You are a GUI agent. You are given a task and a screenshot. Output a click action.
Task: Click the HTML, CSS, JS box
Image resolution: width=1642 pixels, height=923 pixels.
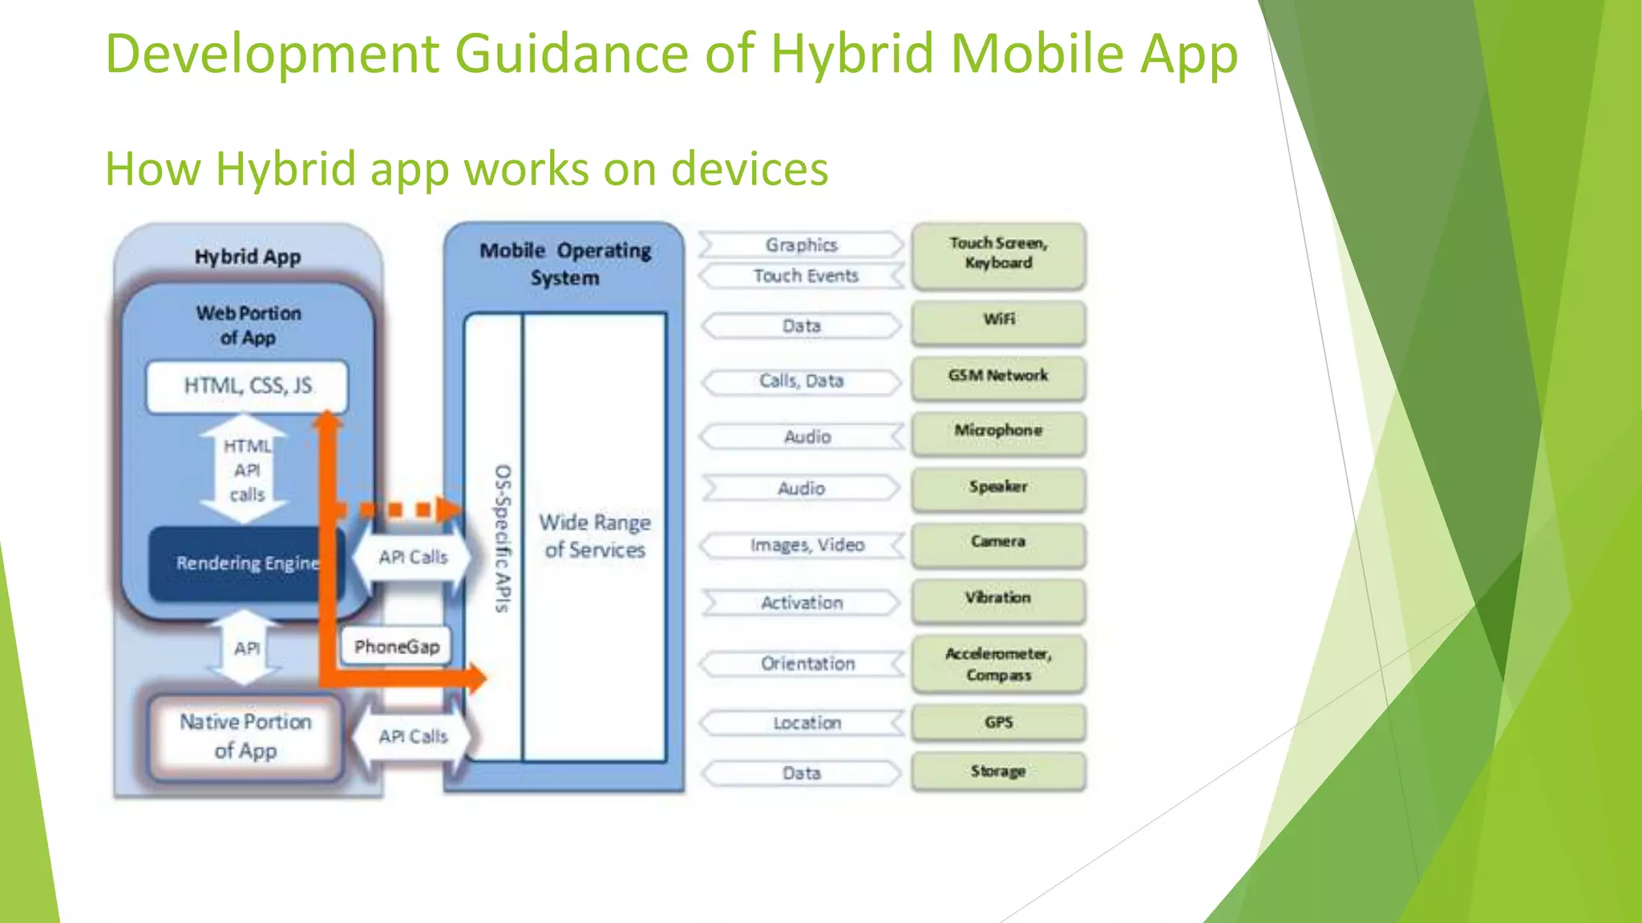[x=247, y=386]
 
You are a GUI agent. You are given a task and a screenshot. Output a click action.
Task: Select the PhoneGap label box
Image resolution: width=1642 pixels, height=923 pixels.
[x=396, y=646]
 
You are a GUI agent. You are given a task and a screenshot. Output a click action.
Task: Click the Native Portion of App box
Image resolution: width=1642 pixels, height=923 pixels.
[x=245, y=736]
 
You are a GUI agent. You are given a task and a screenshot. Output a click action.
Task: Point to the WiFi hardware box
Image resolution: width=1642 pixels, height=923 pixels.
[x=998, y=321]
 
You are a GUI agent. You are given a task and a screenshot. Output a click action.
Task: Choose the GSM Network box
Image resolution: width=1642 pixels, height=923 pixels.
[x=998, y=377]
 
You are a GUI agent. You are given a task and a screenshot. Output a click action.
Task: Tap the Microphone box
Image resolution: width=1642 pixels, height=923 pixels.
[x=998, y=432]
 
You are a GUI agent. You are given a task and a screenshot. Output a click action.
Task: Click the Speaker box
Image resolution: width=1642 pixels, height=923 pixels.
[x=998, y=488]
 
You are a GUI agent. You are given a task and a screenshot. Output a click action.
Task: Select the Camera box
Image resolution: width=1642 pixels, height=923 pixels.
[x=998, y=544]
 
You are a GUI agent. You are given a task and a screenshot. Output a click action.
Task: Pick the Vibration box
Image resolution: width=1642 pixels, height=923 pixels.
[x=998, y=599]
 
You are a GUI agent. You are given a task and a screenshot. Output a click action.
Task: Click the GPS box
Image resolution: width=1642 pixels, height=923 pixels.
[x=998, y=723]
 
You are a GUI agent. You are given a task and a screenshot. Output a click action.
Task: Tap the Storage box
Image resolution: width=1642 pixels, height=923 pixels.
[x=998, y=772]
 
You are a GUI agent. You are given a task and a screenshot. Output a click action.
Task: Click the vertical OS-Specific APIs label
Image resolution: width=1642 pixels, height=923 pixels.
[x=503, y=538]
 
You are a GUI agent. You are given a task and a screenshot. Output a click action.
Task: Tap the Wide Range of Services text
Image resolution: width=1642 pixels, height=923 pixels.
[x=594, y=536]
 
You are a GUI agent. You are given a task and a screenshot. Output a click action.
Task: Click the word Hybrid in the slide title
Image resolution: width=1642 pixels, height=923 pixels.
[x=852, y=54]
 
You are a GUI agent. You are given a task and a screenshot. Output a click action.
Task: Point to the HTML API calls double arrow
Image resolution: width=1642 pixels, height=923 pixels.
[x=245, y=470]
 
